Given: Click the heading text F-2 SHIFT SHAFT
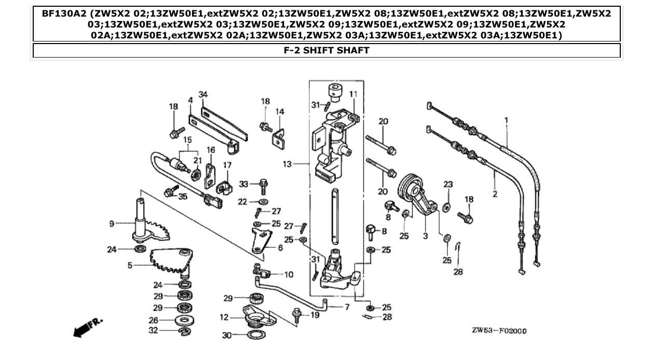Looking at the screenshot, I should (326, 50).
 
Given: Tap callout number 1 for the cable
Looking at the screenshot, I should (506, 121).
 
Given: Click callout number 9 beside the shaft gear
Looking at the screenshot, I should (112, 224).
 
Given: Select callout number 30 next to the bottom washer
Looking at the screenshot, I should (227, 336).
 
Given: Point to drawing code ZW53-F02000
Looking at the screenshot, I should (499, 330).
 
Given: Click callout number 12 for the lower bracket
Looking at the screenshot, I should (224, 317).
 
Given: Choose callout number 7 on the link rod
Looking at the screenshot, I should (347, 307).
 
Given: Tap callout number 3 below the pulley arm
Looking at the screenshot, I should (425, 236).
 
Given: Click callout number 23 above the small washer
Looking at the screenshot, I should (448, 184).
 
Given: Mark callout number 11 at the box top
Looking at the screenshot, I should (353, 94).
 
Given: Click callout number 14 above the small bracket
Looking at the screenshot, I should (280, 112).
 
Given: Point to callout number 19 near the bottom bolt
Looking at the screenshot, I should (315, 315).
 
